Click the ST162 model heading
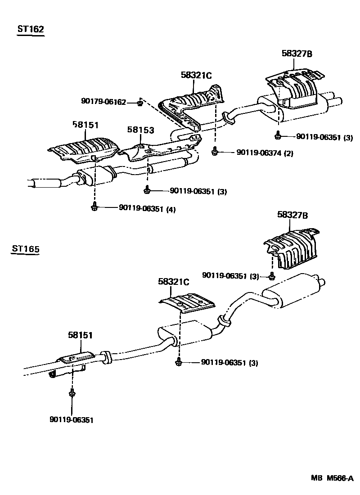[30, 30]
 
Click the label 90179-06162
[104, 102]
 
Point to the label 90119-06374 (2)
[258, 153]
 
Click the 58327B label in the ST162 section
[297, 54]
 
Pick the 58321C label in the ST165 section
[173, 282]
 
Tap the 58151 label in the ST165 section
[81, 335]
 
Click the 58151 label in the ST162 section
[85, 125]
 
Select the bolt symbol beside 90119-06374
[215, 152]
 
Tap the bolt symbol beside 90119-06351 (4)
[94, 207]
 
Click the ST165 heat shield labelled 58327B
[292, 250]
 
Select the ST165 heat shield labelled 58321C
[187, 303]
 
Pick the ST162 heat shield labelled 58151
[83, 148]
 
